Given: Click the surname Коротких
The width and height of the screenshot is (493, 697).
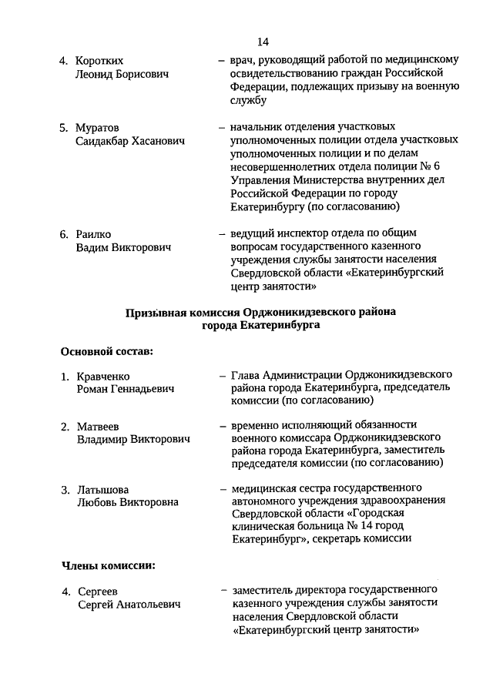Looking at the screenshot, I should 100,60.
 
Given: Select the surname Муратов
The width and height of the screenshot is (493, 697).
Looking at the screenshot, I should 98,127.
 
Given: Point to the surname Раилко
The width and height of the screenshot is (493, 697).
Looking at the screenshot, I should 95,233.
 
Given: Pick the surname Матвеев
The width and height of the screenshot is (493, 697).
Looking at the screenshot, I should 98,426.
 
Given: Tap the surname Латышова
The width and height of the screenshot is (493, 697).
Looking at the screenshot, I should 102,490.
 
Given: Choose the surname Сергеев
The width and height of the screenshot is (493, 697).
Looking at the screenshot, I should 98,591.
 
